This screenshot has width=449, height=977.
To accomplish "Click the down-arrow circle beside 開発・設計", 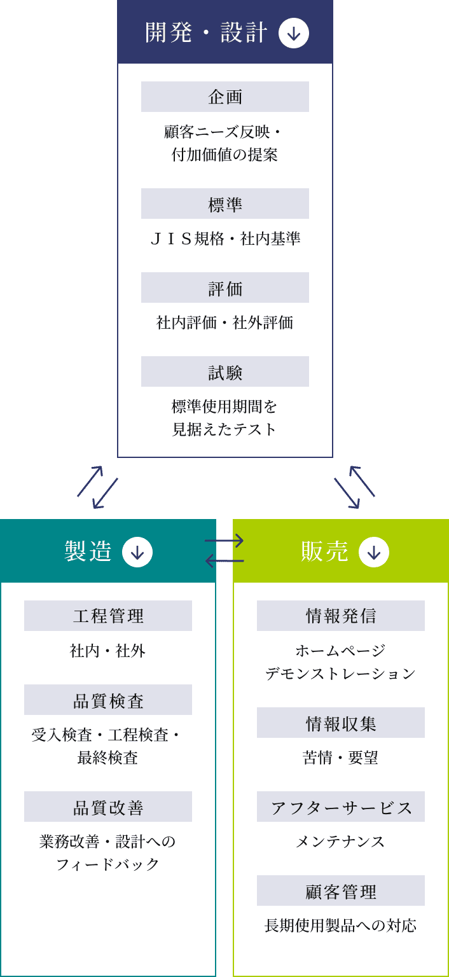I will click(x=294, y=33).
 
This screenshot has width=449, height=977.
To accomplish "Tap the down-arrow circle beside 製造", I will click(x=137, y=552).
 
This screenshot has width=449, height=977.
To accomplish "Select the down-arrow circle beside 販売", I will click(x=374, y=552).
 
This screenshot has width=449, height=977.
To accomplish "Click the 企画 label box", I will click(x=225, y=97).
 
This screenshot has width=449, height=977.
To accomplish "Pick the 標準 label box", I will click(x=225, y=204).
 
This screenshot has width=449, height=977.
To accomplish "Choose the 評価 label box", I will click(x=225, y=288).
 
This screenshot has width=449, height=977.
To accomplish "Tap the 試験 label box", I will click(x=225, y=371).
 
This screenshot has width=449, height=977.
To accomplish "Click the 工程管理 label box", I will click(x=108, y=616).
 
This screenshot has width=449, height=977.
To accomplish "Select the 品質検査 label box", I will click(x=108, y=700).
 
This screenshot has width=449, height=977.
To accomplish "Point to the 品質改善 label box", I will click(x=108, y=807).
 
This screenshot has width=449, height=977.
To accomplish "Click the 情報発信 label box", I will click(x=341, y=616).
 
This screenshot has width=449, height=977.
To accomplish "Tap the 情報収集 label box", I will click(x=341, y=723).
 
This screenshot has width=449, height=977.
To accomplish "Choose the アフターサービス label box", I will click(x=341, y=807).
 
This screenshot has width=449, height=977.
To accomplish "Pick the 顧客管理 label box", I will click(x=341, y=890).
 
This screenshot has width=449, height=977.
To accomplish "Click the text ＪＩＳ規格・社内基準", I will click(x=225, y=239).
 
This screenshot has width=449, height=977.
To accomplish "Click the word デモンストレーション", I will click(x=341, y=674).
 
